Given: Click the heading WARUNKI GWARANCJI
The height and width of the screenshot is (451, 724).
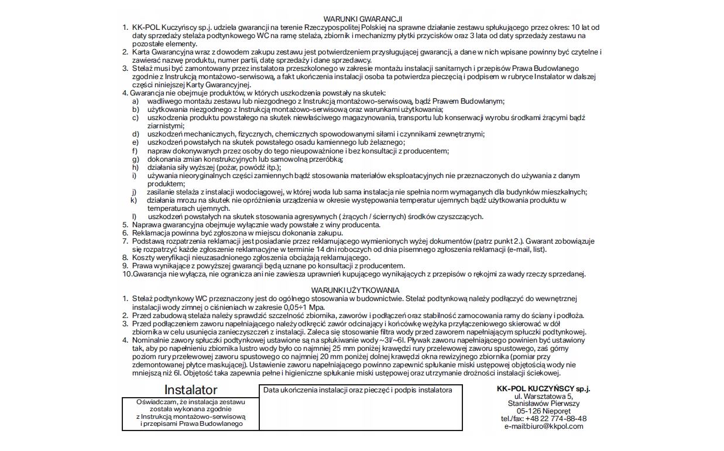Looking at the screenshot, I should (x=362, y=19).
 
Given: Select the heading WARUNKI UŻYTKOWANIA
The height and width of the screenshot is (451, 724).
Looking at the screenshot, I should (x=355, y=290).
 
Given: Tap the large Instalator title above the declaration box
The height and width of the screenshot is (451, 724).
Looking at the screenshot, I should (x=190, y=390).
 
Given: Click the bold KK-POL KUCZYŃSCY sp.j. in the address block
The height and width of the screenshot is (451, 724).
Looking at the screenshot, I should (x=543, y=388).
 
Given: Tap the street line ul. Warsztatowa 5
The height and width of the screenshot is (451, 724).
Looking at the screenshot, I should (x=544, y=397).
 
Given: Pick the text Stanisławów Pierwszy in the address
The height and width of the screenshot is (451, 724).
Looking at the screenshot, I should (x=544, y=404).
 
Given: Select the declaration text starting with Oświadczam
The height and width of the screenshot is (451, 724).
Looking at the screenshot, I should (x=190, y=413).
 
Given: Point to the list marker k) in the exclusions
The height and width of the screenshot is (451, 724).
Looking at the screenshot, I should (x=134, y=200).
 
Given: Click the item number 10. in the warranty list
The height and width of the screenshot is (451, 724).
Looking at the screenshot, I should (x=127, y=274).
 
